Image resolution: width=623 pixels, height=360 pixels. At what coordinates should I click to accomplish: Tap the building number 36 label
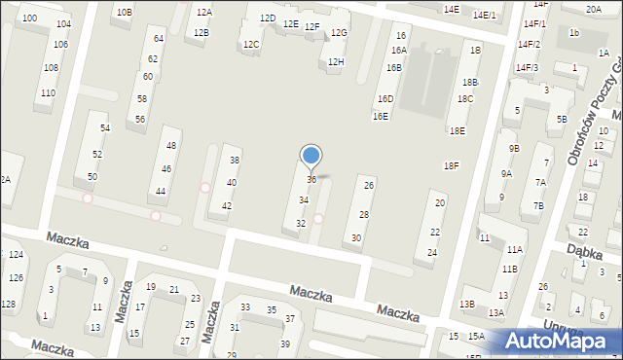click(x=311, y=180)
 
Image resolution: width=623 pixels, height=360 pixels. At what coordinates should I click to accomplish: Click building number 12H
click(x=336, y=62)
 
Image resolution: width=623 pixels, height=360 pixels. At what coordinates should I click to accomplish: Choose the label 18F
click(x=451, y=166)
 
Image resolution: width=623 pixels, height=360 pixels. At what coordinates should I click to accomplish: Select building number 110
click(x=48, y=93)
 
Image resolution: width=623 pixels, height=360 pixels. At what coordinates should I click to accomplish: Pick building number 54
click(x=105, y=128)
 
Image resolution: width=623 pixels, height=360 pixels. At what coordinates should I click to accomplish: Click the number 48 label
click(x=171, y=145)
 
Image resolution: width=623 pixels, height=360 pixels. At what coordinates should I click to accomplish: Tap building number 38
click(x=234, y=160)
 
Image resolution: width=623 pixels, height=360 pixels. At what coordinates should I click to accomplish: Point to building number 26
click(x=368, y=185)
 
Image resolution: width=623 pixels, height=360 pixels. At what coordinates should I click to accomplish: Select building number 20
click(x=440, y=203)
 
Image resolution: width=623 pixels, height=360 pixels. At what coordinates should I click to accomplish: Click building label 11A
click(x=514, y=250)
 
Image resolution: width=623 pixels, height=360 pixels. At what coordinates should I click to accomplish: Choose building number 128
click(x=8, y=305)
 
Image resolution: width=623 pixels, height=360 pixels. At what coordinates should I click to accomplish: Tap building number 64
click(x=159, y=39)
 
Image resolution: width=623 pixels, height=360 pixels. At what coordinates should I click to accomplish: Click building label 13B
click(x=467, y=305)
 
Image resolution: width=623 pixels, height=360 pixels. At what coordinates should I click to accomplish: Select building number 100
click(x=30, y=18)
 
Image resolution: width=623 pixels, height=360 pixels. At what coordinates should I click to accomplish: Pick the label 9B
click(x=514, y=148)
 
